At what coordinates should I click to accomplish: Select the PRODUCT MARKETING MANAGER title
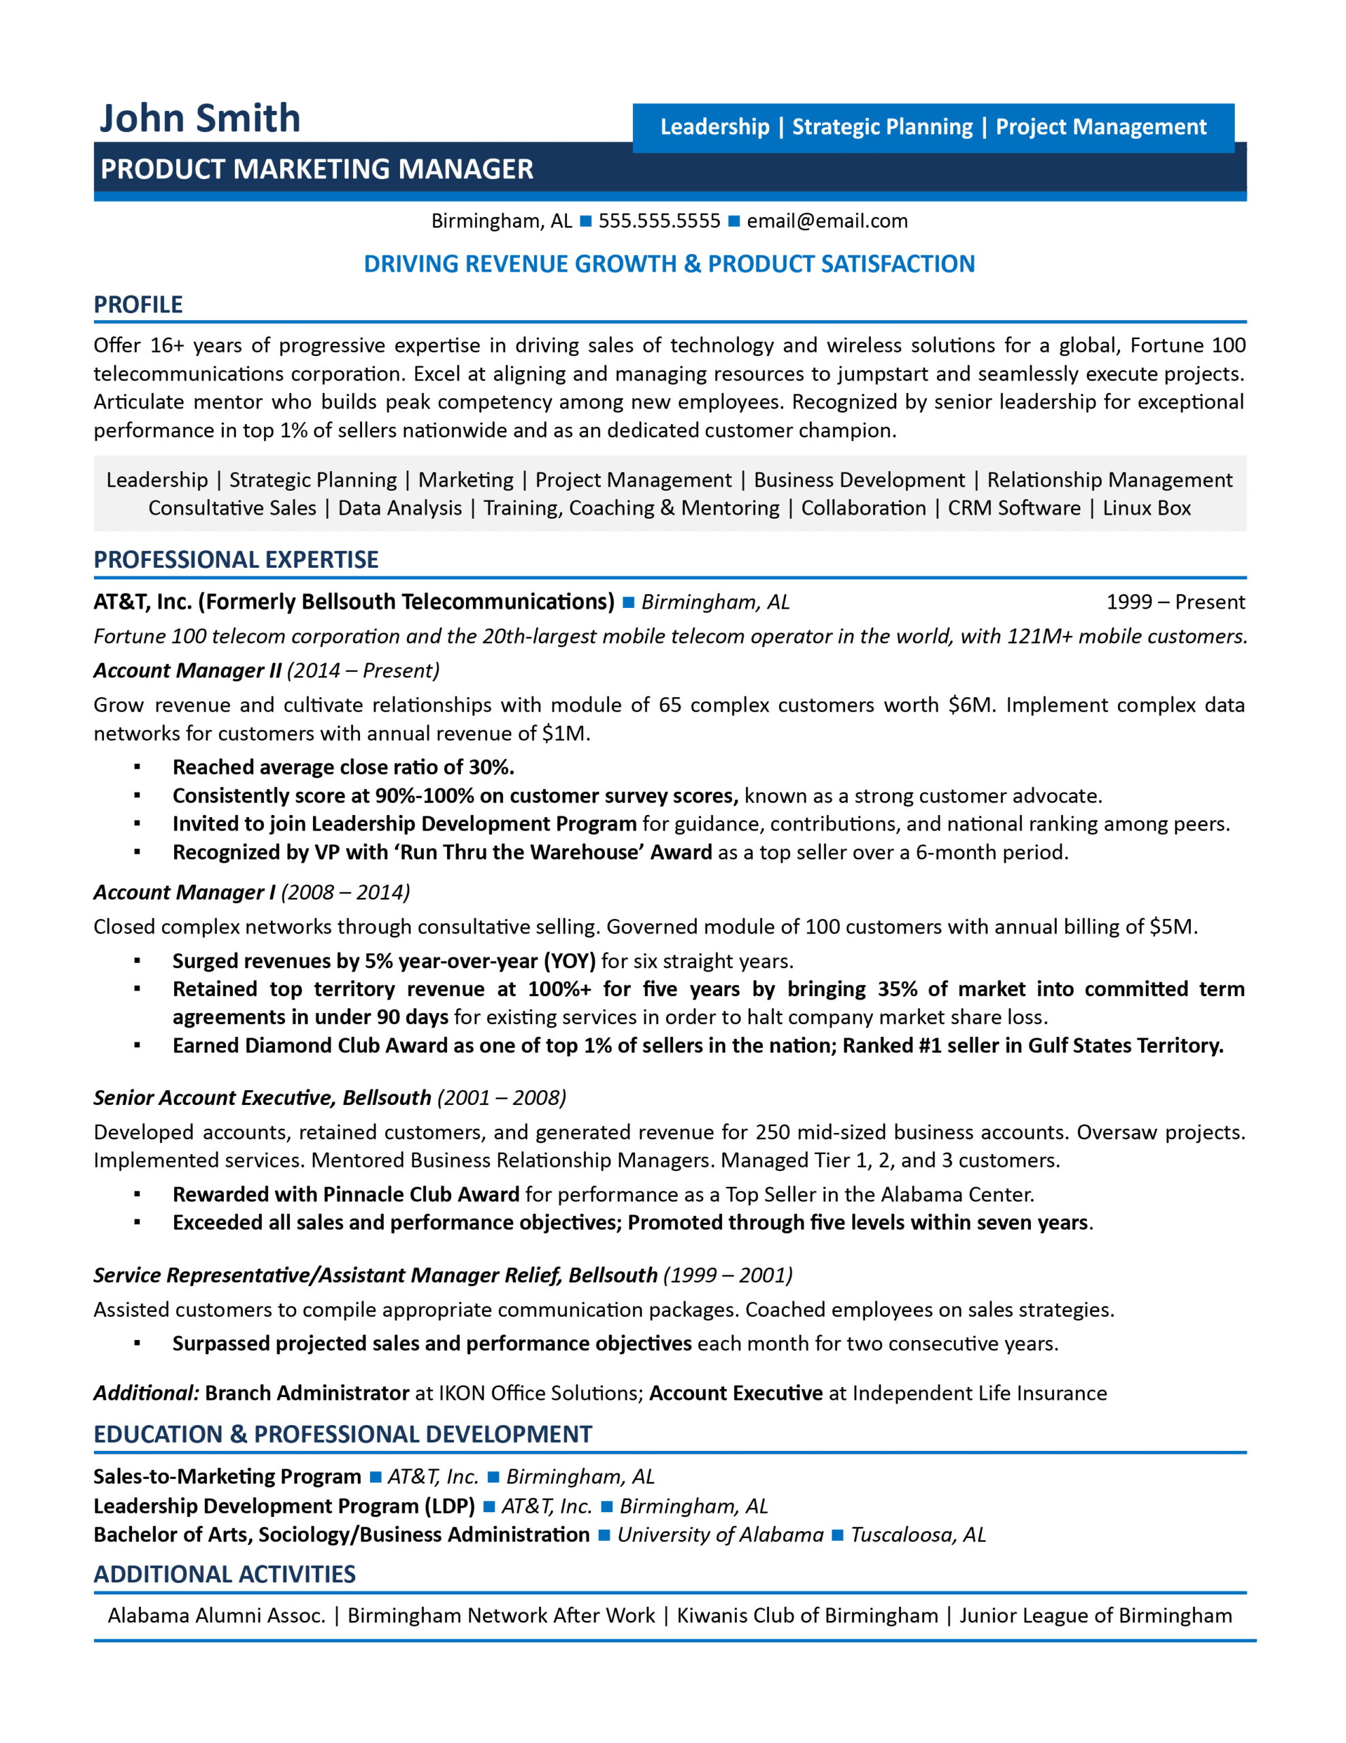[316, 169]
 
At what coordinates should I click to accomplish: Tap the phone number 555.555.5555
[659, 221]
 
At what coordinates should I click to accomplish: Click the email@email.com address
[827, 221]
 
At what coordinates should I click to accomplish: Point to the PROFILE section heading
[138, 305]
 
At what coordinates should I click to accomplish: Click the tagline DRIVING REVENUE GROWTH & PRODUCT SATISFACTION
[669, 264]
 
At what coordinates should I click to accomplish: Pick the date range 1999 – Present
[1175, 602]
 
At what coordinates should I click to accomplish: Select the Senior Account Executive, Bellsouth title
[262, 1098]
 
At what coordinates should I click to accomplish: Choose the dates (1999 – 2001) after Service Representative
[727, 1275]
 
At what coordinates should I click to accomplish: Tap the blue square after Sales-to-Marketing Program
[375, 1477]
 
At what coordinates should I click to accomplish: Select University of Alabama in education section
[720, 1535]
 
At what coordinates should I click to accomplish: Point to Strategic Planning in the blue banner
[882, 127]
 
